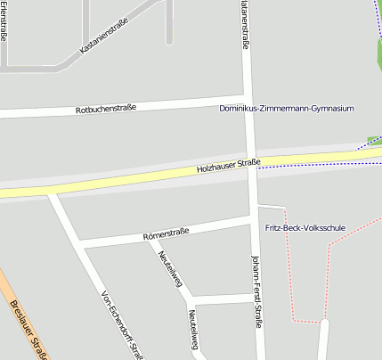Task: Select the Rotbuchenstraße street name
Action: (106, 108)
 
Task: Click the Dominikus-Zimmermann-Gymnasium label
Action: (287, 109)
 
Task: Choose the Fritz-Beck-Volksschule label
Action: (305, 228)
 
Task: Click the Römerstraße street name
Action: (166, 234)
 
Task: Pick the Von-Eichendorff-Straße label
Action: (122, 323)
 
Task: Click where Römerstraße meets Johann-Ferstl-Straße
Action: (253, 217)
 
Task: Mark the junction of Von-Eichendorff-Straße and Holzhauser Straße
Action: (52, 191)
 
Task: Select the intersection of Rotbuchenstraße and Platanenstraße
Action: (247, 96)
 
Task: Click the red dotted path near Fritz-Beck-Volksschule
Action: (327, 267)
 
